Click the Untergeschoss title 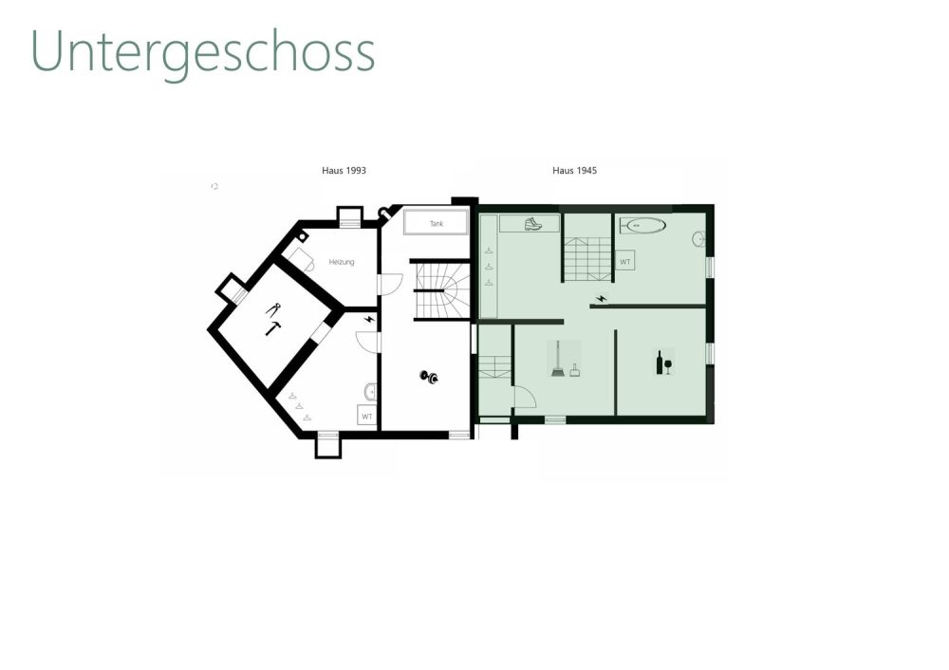[203, 53]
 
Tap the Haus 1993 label [344, 171]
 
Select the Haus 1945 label [574, 171]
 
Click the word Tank [437, 223]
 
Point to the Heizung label [342, 262]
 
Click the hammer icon [273, 328]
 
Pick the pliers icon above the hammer [273, 308]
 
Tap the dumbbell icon [429, 377]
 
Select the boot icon [533, 224]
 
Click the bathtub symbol [643, 226]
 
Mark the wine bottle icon [660, 363]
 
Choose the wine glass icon [668, 366]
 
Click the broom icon [557, 360]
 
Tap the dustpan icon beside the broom [574, 370]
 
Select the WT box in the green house [625, 261]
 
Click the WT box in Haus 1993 [366, 416]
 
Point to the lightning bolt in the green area [601, 299]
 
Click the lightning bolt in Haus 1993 [368, 319]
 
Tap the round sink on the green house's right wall [698, 239]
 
